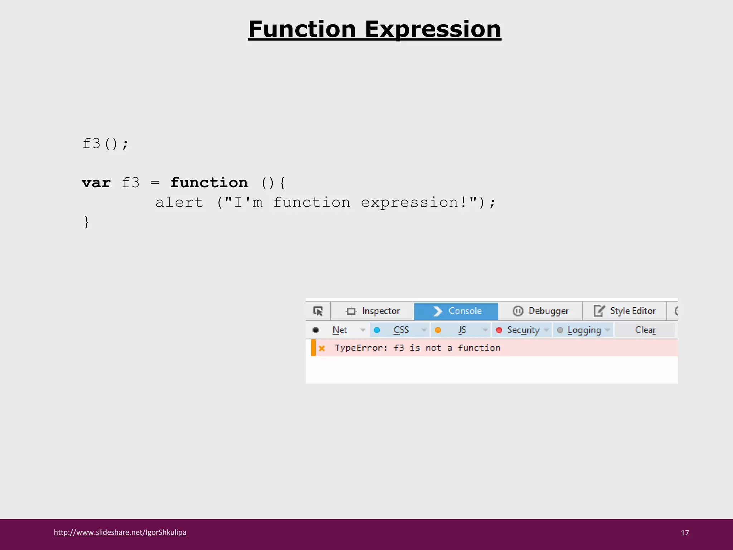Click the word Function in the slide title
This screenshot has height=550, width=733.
[x=302, y=29]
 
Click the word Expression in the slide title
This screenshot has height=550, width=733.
[x=433, y=29]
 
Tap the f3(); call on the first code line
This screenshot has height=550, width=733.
[x=105, y=144]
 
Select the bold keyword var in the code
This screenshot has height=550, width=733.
[x=96, y=183]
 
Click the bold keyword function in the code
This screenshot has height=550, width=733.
[x=209, y=183]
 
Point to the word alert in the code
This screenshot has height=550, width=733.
[x=179, y=203]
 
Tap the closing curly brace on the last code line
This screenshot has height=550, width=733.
[x=86, y=222]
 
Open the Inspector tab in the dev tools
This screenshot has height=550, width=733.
[x=373, y=311]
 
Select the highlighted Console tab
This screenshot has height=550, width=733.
[x=456, y=311]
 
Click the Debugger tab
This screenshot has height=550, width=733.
[x=541, y=311]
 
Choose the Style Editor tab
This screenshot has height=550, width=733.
[x=625, y=311]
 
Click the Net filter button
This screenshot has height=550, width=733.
[x=340, y=330]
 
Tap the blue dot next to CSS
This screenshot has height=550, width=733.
[x=377, y=330]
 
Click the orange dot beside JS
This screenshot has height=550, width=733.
[x=438, y=330]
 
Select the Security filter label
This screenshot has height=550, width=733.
[x=523, y=330]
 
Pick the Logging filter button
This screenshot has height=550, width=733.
[x=584, y=330]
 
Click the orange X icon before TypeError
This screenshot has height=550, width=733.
[x=322, y=348]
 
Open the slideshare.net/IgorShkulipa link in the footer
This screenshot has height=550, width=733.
[x=120, y=532]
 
